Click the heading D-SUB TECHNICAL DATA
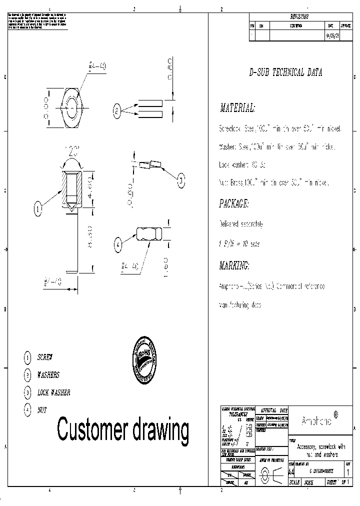coord(285,72)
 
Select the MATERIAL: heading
coord(237,108)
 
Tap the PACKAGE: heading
coord(233,204)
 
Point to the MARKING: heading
coord(234,265)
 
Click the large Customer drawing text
coord(123,428)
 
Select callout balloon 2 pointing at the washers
coord(117,111)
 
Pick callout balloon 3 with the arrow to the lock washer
coord(181,180)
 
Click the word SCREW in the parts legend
coord(45,357)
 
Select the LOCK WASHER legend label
coord(53,392)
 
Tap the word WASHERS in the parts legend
coord(48,375)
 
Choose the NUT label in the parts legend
coord(42,410)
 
